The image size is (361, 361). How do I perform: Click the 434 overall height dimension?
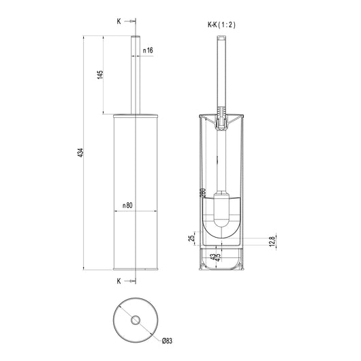(80, 153)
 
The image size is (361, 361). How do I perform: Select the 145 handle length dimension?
(100, 75)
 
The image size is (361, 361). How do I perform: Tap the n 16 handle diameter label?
(148, 50)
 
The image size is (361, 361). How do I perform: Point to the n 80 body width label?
(127, 206)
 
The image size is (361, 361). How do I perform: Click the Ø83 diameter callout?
(167, 341)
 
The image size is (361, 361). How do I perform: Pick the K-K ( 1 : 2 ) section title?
(221, 25)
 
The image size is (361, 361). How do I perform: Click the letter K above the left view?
(119, 21)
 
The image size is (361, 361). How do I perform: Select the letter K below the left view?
(119, 281)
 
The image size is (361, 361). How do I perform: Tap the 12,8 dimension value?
(272, 242)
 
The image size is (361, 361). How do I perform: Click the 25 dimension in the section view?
(191, 238)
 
